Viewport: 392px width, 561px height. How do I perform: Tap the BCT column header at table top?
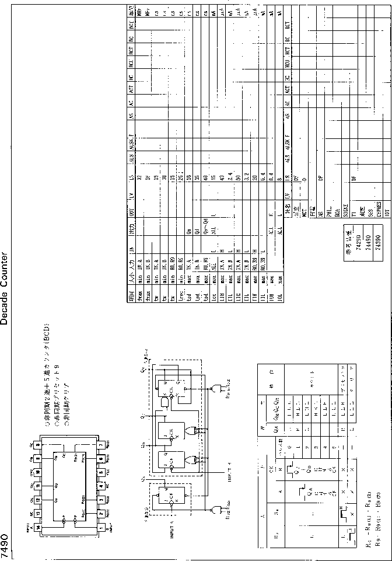[132, 27]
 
